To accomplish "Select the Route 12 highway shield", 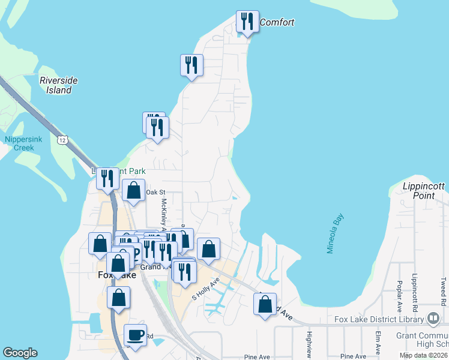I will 62,140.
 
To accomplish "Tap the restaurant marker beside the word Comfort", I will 247,23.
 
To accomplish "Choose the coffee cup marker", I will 135,334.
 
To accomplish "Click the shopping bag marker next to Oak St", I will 133,191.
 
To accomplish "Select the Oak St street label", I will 155,192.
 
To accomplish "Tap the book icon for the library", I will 433,317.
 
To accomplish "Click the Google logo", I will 20,353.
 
